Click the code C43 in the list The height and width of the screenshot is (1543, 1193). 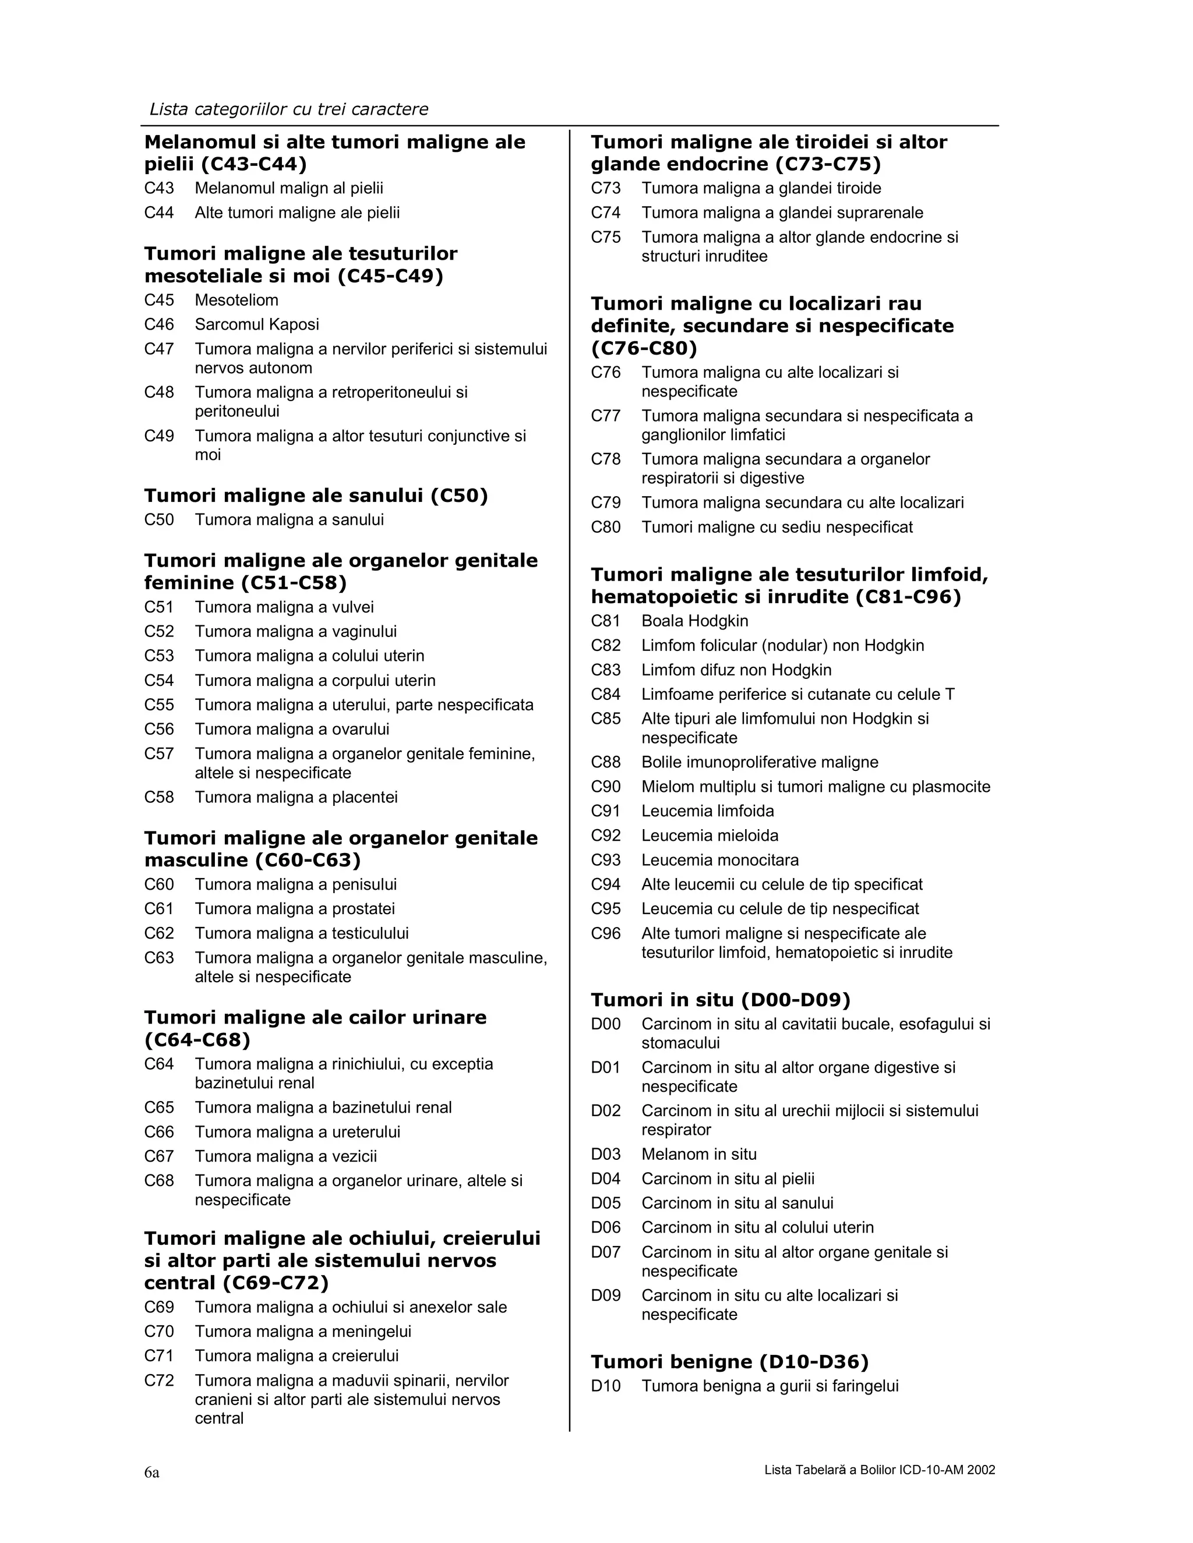point(159,189)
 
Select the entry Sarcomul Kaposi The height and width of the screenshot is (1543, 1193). point(256,324)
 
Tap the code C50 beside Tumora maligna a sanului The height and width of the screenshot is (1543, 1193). point(159,520)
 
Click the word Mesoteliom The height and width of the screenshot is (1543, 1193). point(236,300)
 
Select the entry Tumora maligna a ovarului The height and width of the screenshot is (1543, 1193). point(292,729)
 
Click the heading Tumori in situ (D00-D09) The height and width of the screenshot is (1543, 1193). point(720,1000)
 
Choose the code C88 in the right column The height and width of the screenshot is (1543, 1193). point(606,762)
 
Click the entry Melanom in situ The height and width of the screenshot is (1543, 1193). point(698,1155)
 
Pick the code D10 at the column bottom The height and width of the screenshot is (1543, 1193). point(606,1386)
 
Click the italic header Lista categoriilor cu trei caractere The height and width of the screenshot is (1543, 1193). point(288,109)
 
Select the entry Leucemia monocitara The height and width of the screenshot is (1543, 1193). point(719,861)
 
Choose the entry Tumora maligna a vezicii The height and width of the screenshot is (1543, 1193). point(285,1156)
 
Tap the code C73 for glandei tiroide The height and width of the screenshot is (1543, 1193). point(606,189)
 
